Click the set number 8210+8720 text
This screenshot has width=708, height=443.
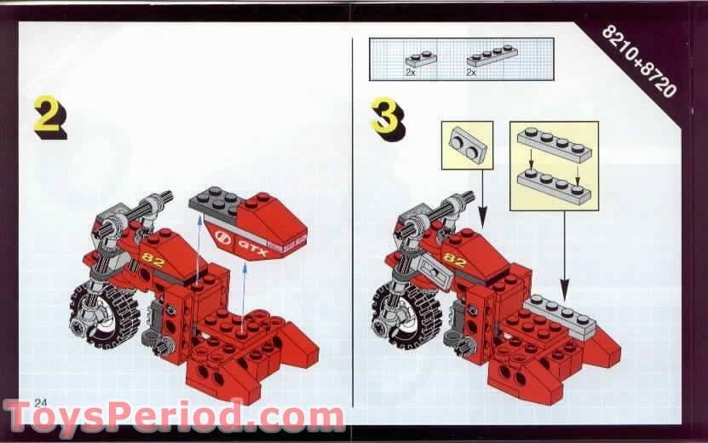tap(638, 60)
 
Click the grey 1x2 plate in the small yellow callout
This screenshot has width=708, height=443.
tap(467, 142)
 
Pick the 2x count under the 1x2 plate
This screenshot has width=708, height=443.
tap(411, 72)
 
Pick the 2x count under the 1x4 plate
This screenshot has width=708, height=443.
tap(471, 72)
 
